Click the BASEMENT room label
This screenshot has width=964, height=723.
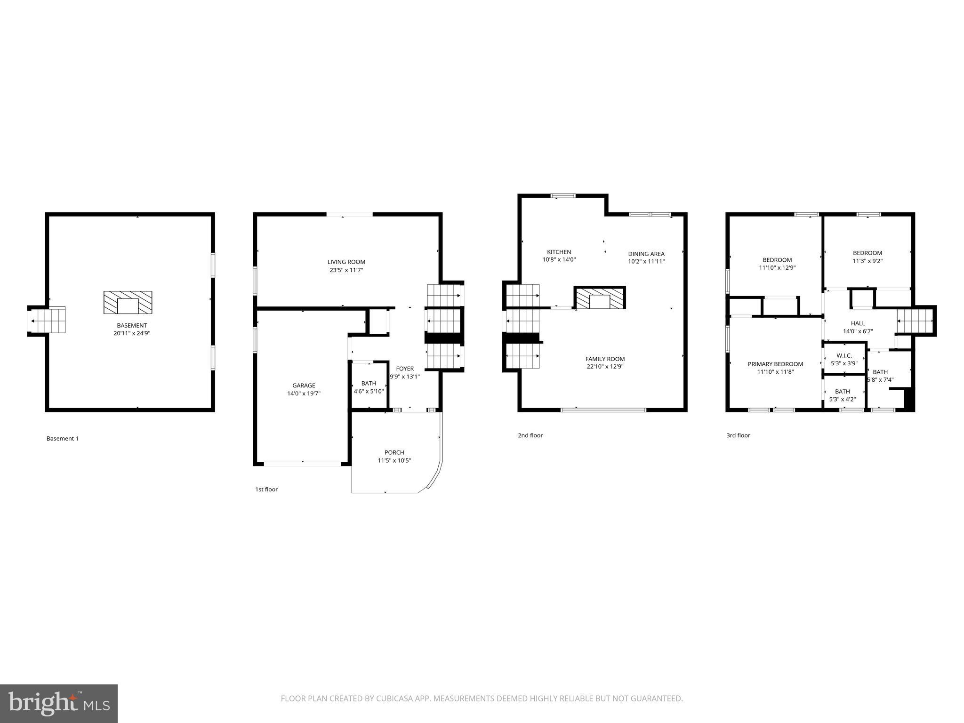[x=132, y=325]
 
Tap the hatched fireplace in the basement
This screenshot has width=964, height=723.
[x=128, y=303]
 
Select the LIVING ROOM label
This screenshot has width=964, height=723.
[x=346, y=262]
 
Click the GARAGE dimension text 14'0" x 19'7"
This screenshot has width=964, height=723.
[x=304, y=394]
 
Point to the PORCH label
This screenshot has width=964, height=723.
[x=394, y=452]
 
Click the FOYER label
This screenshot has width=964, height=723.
[x=405, y=369]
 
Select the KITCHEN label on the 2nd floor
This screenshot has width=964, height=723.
[x=559, y=252]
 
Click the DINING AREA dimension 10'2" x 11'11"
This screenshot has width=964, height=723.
[x=646, y=261]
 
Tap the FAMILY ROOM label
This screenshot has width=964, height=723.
[x=605, y=359]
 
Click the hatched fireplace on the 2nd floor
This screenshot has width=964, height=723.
[x=600, y=298]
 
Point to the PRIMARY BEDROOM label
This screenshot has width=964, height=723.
[x=775, y=364]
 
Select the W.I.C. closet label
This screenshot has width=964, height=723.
[x=844, y=355]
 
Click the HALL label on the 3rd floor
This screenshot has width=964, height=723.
[x=858, y=323]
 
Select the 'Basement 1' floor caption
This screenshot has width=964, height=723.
[x=62, y=438]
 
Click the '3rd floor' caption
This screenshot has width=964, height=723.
[x=738, y=435]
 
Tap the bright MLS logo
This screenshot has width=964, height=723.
[x=58, y=704]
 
